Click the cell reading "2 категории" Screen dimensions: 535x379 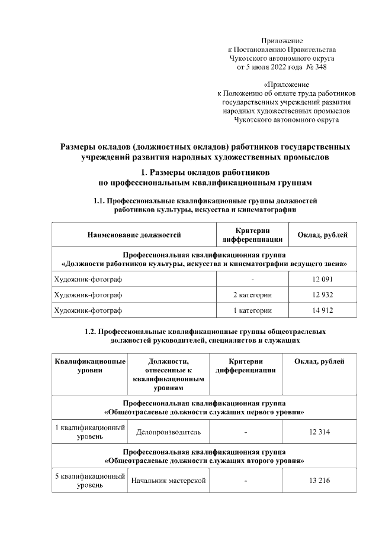(x=252, y=294)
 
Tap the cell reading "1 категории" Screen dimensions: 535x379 (x=252, y=310)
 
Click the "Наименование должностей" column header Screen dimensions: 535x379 (x=134, y=235)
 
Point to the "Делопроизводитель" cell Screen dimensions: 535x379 (x=168, y=432)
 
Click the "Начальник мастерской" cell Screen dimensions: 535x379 (x=168, y=481)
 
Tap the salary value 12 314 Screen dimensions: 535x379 (x=320, y=432)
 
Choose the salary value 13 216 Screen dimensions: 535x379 (x=320, y=481)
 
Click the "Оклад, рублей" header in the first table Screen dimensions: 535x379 (x=322, y=235)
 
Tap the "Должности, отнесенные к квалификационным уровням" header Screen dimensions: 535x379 (x=168, y=374)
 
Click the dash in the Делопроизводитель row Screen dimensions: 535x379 (x=245, y=432)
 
